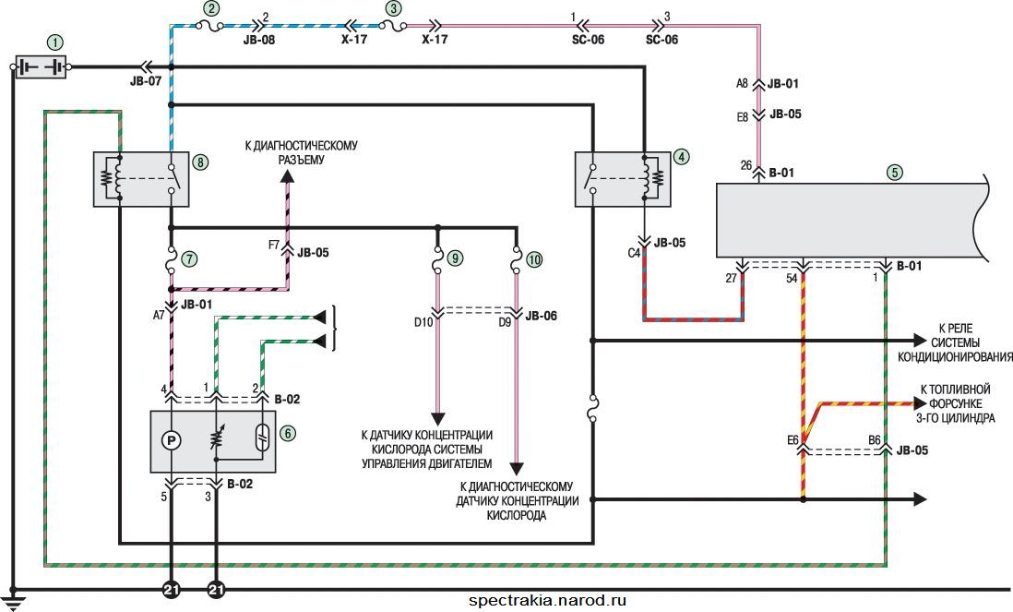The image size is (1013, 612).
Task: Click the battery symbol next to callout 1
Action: (x=41, y=66)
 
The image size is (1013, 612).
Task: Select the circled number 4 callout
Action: (x=681, y=156)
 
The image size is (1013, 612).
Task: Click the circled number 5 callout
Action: (x=894, y=173)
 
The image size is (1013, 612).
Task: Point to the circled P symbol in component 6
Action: (x=172, y=440)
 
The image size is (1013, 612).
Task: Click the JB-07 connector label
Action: (x=146, y=81)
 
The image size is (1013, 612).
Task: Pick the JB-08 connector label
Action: (x=259, y=40)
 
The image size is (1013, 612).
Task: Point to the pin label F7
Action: (x=274, y=246)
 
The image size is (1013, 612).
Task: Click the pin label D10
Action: (x=423, y=322)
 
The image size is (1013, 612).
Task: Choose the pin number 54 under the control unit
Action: (x=792, y=278)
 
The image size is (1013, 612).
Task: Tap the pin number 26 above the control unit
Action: (x=746, y=166)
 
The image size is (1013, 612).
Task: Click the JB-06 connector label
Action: (x=542, y=316)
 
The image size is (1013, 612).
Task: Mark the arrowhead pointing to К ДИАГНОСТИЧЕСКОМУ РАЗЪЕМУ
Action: (x=288, y=177)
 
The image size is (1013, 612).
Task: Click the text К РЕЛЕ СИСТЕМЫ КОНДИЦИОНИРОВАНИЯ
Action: (x=956, y=342)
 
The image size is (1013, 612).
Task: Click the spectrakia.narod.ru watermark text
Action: (x=547, y=600)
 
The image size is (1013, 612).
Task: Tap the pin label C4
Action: (x=634, y=253)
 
